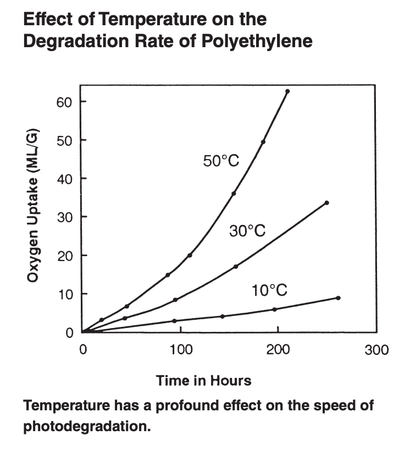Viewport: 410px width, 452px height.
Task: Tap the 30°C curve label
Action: (247, 230)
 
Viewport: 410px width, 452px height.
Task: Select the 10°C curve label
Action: (270, 290)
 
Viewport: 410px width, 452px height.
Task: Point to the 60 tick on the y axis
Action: (64, 102)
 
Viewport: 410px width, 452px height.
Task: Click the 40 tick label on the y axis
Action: (64, 179)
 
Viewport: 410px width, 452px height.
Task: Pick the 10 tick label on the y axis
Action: (64, 294)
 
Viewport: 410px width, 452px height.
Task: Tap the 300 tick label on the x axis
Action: (378, 350)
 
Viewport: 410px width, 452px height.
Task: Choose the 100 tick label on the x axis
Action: (179, 350)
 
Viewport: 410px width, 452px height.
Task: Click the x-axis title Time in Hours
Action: (203, 380)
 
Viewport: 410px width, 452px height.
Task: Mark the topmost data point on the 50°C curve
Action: (287, 91)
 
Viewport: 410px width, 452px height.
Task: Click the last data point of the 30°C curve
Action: (327, 203)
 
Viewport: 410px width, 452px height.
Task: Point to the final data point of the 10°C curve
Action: (338, 298)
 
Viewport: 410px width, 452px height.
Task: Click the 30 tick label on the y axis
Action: (64, 217)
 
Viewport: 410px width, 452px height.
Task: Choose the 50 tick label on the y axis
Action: (64, 140)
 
